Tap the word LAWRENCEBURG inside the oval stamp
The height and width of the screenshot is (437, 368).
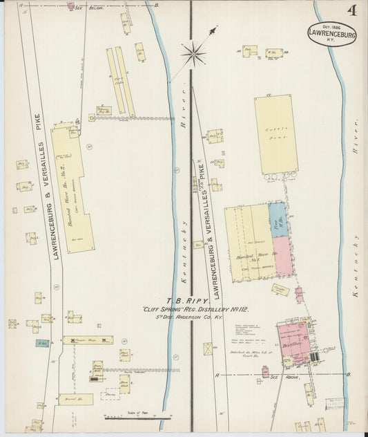333,32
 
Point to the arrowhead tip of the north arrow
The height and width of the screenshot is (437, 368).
215,28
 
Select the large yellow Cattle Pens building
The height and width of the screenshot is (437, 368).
276,134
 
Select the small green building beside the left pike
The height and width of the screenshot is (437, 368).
43,343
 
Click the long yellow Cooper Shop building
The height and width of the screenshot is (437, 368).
88,340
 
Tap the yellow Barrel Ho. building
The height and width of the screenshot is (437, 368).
75,399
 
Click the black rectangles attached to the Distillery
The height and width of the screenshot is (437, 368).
316,357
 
